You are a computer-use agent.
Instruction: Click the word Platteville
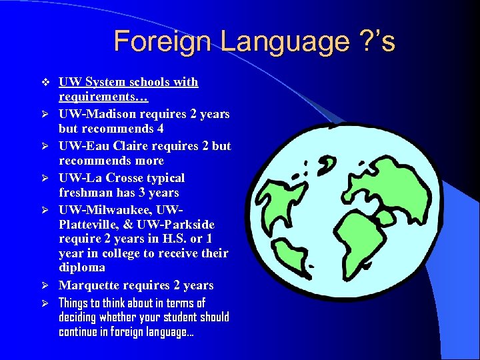tap(88, 225)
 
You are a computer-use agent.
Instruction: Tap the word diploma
tap(82, 267)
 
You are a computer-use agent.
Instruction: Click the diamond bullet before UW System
tap(45, 83)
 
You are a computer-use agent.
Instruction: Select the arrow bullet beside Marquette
tap(45, 286)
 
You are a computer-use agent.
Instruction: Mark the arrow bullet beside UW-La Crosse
tap(45, 179)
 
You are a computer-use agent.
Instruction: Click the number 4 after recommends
tap(160, 129)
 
